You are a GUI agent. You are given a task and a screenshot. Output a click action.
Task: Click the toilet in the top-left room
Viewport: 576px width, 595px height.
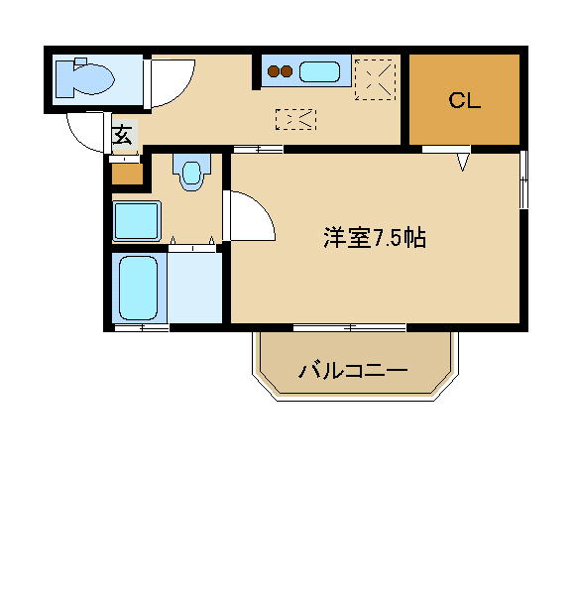point(84,79)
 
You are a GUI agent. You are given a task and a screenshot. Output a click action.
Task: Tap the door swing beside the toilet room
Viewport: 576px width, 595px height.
point(172,82)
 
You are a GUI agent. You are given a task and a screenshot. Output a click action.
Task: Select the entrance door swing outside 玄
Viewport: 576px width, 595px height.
point(85,132)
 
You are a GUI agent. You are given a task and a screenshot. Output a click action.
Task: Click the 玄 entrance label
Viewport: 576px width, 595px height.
point(123,135)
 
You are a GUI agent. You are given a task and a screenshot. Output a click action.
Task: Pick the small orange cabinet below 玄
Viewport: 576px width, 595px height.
point(128,174)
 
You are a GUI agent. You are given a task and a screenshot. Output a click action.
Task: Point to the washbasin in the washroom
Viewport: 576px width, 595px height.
point(191,172)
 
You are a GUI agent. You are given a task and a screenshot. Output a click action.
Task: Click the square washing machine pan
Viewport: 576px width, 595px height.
point(137,221)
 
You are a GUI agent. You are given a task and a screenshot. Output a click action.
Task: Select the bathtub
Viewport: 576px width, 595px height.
point(138,289)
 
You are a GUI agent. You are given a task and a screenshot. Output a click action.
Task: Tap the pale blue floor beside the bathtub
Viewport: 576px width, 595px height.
point(194,289)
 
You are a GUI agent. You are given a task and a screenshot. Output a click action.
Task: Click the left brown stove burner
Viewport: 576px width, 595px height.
point(274,71)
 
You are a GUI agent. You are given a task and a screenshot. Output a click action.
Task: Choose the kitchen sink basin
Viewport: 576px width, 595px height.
point(319,72)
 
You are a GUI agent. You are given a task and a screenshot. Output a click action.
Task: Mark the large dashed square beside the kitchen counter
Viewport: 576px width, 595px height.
point(375,79)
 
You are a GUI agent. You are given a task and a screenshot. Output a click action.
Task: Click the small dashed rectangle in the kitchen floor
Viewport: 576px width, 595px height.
point(295,120)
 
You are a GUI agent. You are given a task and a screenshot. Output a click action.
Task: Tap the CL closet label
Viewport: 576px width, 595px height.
point(464,100)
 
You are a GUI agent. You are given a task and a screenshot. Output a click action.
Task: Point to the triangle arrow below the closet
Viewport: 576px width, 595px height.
point(462,162)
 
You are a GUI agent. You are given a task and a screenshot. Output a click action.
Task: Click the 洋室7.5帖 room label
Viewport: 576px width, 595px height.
point(375,238)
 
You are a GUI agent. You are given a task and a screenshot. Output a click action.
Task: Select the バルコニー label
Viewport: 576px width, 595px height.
point(353,370)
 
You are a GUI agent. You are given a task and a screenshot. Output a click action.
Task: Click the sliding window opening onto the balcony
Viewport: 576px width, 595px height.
point(350,327)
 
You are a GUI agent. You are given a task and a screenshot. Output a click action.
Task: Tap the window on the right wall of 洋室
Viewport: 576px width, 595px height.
point(523,179)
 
